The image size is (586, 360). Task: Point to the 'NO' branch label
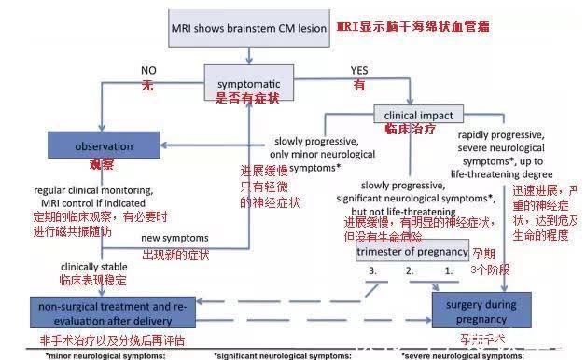pyautogui.click(x=148, y=70)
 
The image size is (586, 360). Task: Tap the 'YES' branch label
pyautogui.click(x=359, y=70)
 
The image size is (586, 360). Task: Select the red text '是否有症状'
pyautogui.click(x=248, y=96)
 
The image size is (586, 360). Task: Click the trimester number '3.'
pyautogui.click(x=372, y=271)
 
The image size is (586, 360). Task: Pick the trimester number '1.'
pyautogui.click(x=448, y=271)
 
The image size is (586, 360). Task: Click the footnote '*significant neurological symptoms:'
pyautogui.click(x=270, y=355)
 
